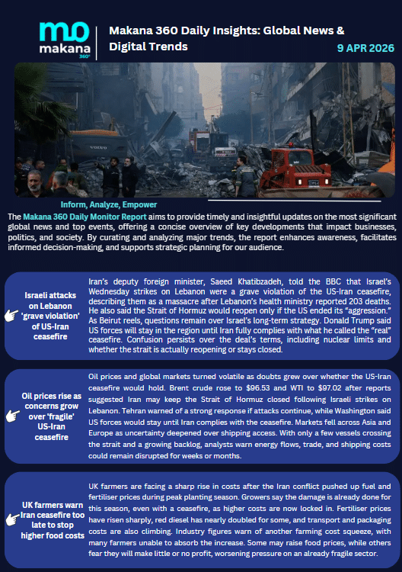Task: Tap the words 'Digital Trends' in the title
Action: click(148, 47)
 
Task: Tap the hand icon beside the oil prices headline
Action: click(12, 416)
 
